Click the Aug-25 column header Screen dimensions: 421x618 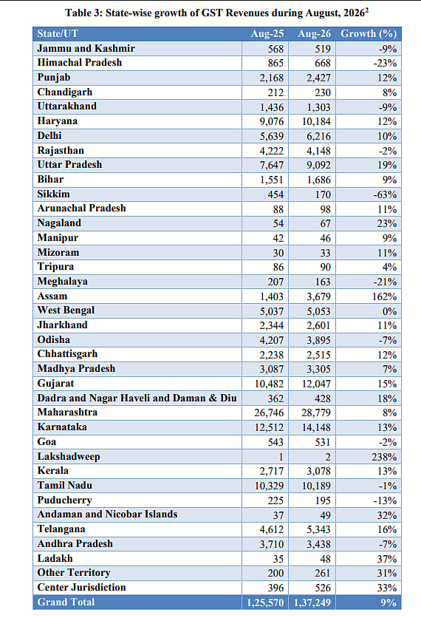point(267,34)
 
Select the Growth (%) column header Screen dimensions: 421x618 point(369,34)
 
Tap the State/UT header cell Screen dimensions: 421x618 point(58,34)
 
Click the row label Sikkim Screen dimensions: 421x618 point(54,194)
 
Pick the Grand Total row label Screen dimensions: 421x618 point(66,602)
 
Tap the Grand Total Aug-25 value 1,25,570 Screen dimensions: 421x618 point(265,602)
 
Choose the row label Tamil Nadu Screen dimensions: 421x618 point(64,485)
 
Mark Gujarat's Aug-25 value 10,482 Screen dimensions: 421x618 point(269,384)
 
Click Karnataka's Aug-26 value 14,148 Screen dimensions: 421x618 point(316,427)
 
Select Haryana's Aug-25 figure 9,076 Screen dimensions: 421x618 point(271,121)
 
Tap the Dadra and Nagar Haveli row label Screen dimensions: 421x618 point(137,398)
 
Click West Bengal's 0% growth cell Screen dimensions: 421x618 point(389,311)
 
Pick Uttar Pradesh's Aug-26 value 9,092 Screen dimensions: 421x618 point(318,165)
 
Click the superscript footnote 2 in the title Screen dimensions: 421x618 point(366,10)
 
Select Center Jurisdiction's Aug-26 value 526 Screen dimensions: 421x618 point(323,588)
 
